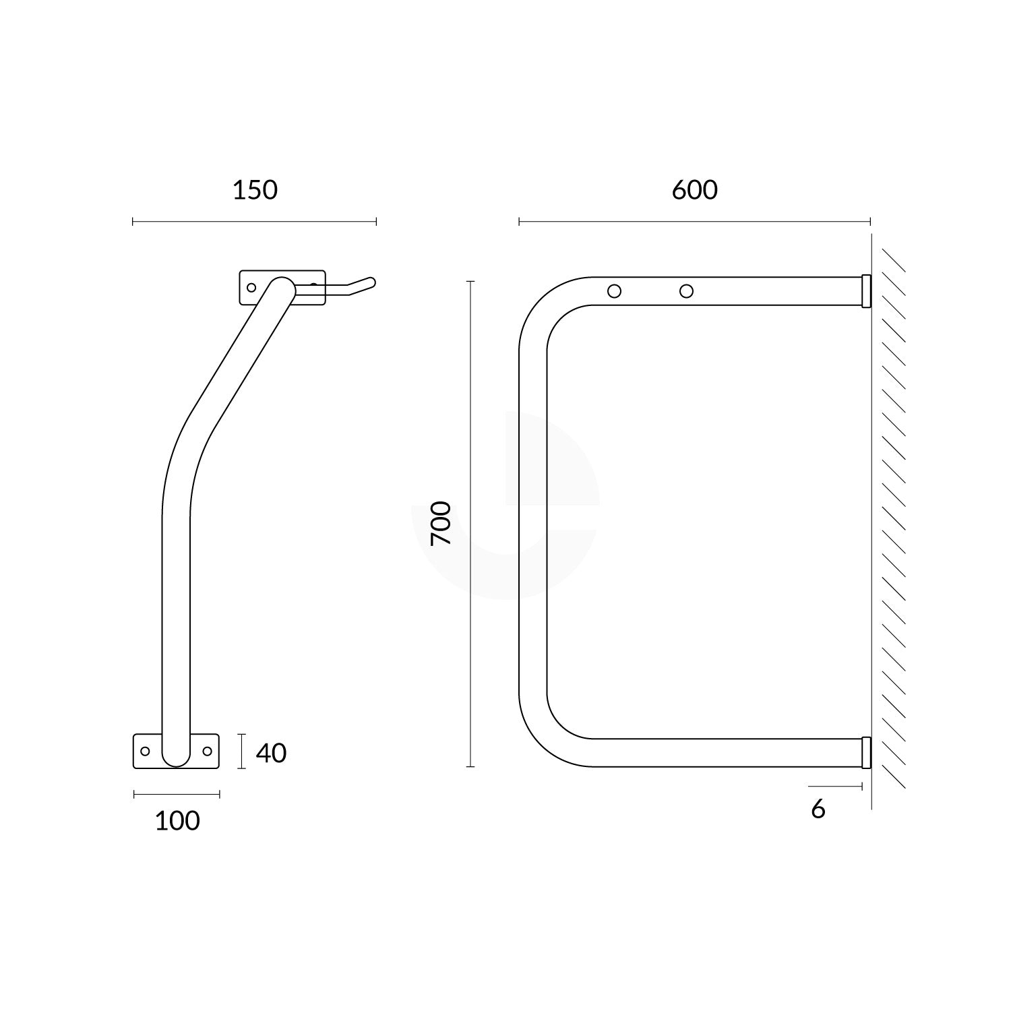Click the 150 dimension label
tap(255, 191)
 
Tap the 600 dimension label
tap(694, 191)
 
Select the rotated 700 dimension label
tap(440, 523)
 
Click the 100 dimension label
tap(177, 821)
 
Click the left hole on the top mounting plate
tap(251, 288)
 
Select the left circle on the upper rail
tap(614, 291)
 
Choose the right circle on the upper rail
tap(686, 291)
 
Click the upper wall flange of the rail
tap(866, 290)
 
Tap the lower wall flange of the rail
tap(866, 752)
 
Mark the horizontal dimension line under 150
tap(255, 221)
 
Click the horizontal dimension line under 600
tap(694, 221)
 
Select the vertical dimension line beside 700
tap(470, 523)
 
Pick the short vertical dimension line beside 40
tap(241, 752)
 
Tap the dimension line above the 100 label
tap(177, 794)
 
